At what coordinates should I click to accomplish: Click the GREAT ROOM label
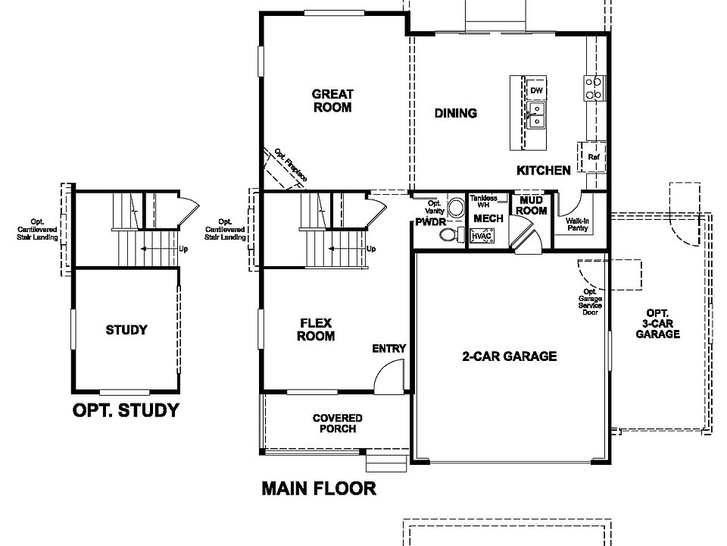pos(332,101)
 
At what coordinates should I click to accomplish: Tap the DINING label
pos(456,113)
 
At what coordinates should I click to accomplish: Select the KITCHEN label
pos(544,170)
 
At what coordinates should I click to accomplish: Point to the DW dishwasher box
pos(537,91)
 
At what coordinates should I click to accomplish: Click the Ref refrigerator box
pos(594,157)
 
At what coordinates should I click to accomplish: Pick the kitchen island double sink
pos(537,115)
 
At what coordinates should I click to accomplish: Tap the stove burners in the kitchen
pos(593,88)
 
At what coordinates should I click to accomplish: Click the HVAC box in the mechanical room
pos(480,237)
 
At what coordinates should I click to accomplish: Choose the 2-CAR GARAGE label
pos(510,356)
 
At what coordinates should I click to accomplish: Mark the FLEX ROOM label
pos(316,330)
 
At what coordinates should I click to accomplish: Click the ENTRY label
pos(389,348)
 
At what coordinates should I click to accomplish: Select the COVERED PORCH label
pos(338,423)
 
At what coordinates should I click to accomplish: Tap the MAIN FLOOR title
pos(319,488)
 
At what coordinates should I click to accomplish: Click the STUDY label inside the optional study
pos(126,330)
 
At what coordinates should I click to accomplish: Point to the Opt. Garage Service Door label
pos(591,302)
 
